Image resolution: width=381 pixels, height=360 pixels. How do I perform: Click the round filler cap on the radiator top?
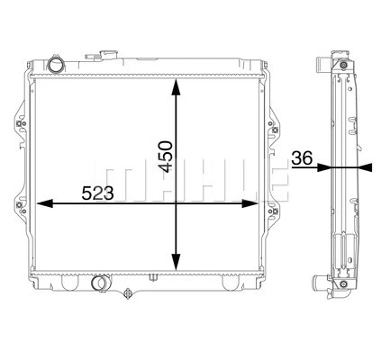[59, 66]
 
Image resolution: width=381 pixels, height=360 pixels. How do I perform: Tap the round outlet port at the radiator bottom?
[100, 284]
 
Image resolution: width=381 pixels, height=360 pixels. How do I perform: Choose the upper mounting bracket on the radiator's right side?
[272, 125]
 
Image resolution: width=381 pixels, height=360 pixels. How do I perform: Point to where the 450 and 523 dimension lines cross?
[176, 203]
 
